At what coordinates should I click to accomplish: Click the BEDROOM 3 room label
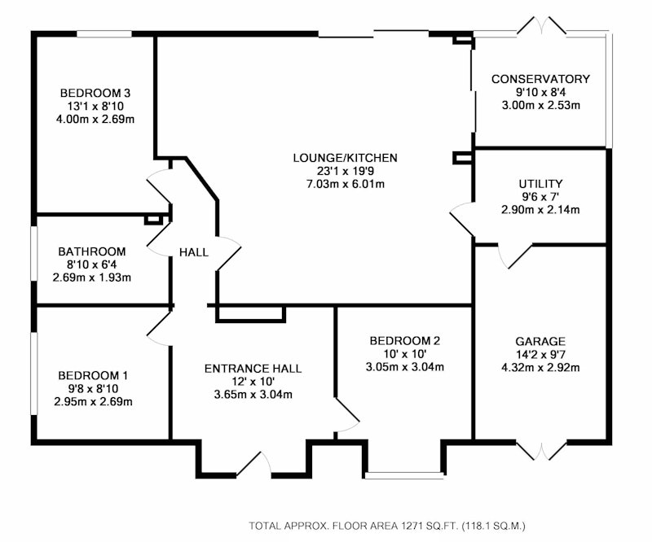coord(95,93)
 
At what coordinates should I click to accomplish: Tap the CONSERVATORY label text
coord(540,79)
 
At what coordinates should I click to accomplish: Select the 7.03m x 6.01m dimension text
coord(346,184)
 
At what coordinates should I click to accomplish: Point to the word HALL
coord(194,252)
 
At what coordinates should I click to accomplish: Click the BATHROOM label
coord(92,251)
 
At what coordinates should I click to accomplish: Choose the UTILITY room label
coord(540,184)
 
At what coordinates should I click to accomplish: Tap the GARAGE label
coord(540,342)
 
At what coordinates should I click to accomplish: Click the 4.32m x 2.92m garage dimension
coord(540,368)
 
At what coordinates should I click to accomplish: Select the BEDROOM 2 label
coord(404,341)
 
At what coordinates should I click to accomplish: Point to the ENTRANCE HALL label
coord(253,369)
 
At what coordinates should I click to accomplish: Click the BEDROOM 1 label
coord(93,375)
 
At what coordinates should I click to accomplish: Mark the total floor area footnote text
coord(387,526)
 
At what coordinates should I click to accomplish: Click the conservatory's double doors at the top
coord(541,26)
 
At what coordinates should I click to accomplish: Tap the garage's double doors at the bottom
coord(541,451)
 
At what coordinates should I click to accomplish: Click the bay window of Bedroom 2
coord(404,475)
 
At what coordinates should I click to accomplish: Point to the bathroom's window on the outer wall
coord(34,253)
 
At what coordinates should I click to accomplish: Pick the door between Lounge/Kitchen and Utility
coord(462,219)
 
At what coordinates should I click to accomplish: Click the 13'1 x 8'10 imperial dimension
coord(95,107)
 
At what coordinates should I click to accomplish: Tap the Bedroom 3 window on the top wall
coord(104,34)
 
